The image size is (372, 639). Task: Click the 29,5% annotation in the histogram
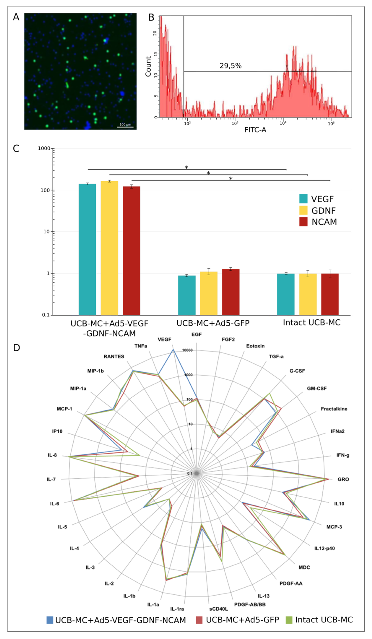pyautogui.click(x=230, y=66)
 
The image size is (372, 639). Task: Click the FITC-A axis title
pyautogui.click(x=255, y=130)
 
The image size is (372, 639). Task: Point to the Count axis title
pyautogui.click(x=148, y=66)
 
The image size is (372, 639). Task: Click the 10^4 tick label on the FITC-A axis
pyautogui.click(x=283, y=123)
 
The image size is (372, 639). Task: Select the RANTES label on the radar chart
pyautogui.click(x=114, y=357)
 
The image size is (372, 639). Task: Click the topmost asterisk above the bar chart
pyautogui.click(x=186, y=167)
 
